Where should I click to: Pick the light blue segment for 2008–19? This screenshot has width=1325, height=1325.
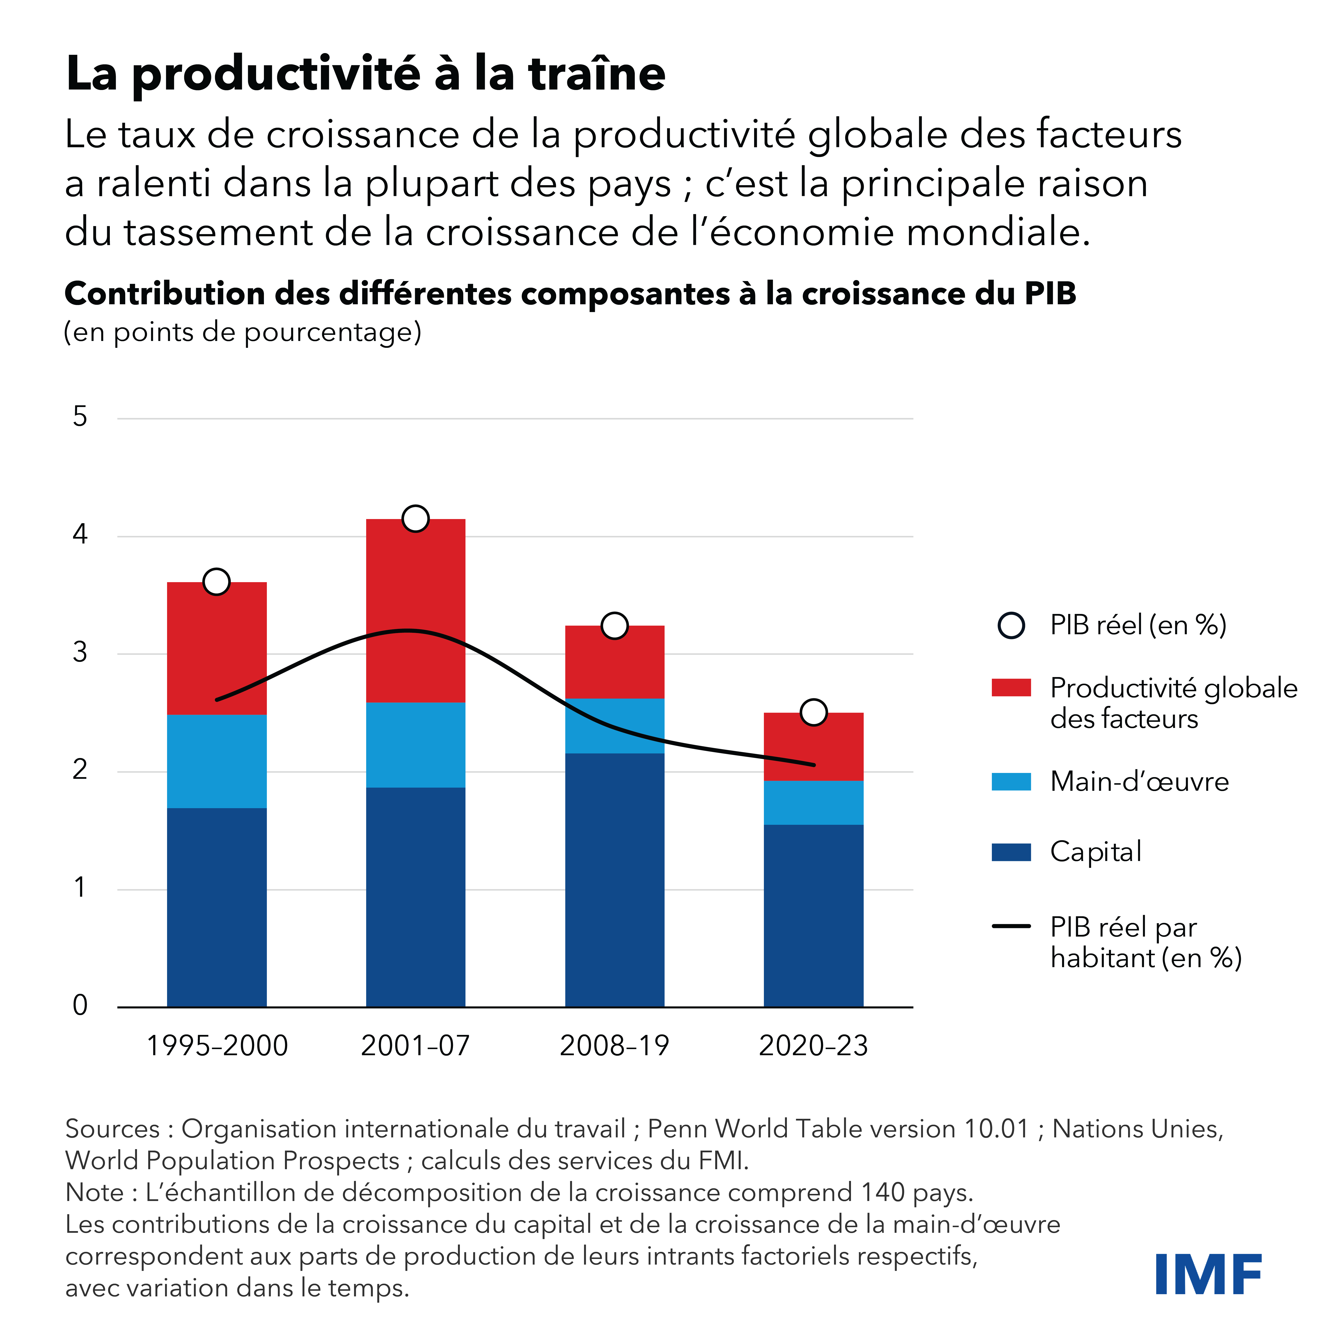pyautogui.click(x=614, y=725)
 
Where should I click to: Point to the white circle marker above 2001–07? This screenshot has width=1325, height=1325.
pyautogui.click(x=416, y=519)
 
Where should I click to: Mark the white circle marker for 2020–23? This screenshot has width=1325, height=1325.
pyautogui.click(x=813, y=712)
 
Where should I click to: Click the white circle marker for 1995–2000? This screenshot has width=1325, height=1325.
pyautogui.click(x=217, y=582)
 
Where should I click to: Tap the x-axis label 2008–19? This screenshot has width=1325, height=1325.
pyautogui.click(x=614, y=1046)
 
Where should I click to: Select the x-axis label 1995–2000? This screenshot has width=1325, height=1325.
pyautogui.click(x=217, y=1046)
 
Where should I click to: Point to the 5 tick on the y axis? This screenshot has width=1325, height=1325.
pyautogui.click(x=80, y=417)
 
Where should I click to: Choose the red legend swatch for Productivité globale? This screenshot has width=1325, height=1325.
pyautogui.click(x=1011, y=687)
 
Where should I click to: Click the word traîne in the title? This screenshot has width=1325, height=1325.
pyautogui.click(x=597, y=74)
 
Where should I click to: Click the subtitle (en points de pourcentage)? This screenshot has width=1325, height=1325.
pyautogui.click(x=242, y=333)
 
